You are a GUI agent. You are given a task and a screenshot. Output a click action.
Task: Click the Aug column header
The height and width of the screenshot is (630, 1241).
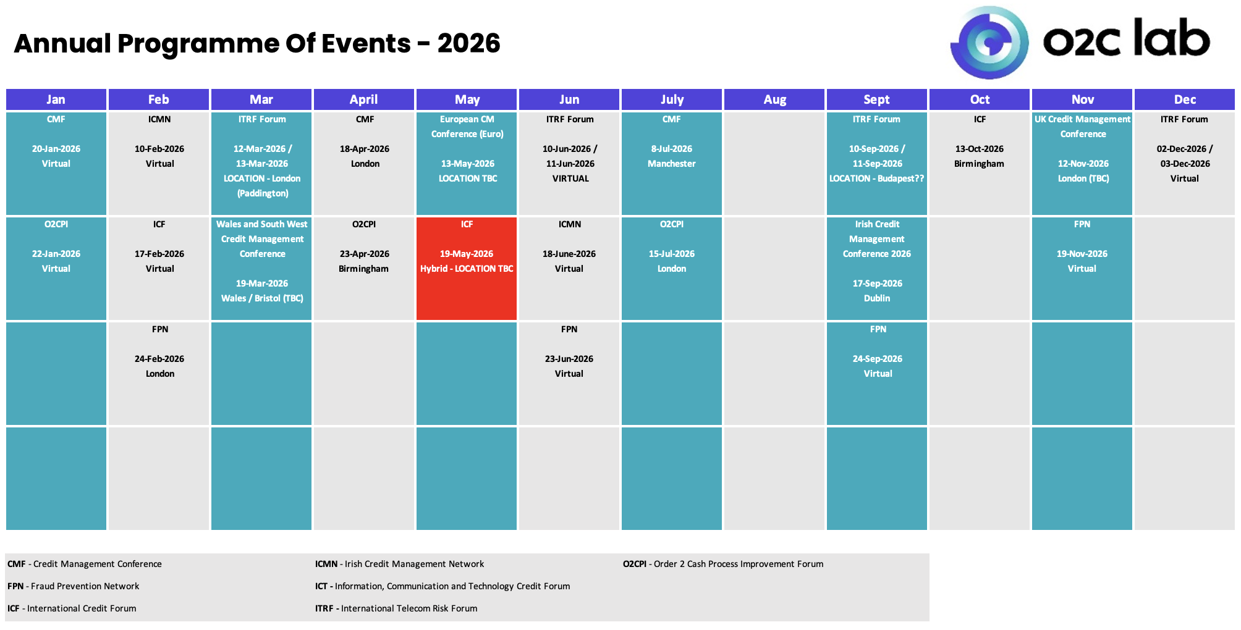[x=774, y=99]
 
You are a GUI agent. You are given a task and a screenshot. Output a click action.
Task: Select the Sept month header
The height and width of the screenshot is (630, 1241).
[x=877, y=99]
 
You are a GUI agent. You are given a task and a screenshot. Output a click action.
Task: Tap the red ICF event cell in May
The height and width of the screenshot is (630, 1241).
[x=467, y=269]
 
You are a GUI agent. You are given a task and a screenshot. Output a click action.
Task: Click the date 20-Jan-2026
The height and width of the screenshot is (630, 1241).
[x=56, y=149]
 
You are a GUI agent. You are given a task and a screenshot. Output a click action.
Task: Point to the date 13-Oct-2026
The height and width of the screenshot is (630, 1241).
[x=980, y=149]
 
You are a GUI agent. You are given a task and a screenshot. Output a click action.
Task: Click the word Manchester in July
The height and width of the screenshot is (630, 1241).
[x=672, y=164]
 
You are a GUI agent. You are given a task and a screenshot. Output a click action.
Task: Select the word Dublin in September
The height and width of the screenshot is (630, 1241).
[x=877, y=298]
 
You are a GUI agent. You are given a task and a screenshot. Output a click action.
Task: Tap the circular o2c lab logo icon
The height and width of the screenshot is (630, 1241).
[x=989, y=43]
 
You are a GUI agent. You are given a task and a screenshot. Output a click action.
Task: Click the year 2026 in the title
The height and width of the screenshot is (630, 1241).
[x=468, y=43]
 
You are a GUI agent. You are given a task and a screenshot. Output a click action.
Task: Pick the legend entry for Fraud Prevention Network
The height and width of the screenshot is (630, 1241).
[x=74, y=586]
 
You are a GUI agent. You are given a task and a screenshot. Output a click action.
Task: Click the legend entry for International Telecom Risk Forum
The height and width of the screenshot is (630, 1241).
[x=396, y=608]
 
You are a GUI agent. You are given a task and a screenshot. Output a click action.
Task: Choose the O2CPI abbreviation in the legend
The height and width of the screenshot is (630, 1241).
[x=635, y=564]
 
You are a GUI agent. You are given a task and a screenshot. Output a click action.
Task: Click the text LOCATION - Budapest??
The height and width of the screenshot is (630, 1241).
[x=877, y=178]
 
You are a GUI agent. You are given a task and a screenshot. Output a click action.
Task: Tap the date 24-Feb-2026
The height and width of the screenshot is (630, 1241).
[x=159, y=359]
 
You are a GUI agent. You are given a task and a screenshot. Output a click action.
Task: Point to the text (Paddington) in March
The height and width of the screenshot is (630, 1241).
[x=263, y=193]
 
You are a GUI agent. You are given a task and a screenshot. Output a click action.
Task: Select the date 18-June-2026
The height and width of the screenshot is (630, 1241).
[x=569, y=254]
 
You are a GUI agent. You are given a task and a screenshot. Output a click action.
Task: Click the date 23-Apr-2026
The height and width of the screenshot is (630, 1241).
[x=365, y=254]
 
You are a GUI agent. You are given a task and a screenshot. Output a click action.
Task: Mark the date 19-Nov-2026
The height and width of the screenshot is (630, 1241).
[x=1082, y=254]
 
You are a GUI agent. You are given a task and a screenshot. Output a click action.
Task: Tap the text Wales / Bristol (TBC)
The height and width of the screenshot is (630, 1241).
[x=262, y=298]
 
